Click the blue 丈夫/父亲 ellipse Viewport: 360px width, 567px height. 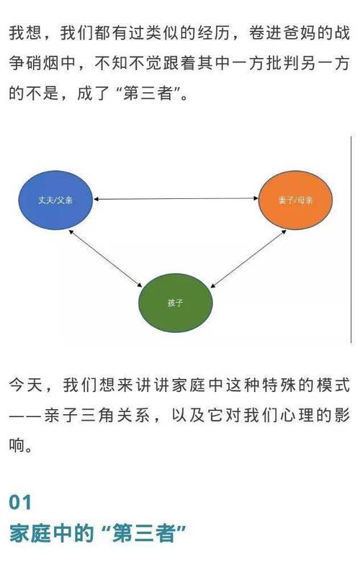pyautogui.click(x=55, y=200)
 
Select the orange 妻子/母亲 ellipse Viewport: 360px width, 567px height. pyautogui.click(x=295, y=200)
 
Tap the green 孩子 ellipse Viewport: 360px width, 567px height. pyautogui.click(x=176, y=303)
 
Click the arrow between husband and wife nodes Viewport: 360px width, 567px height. pyautogui.click(x=176, y=199)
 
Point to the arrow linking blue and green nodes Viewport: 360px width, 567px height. pyautogui.click(x=105, y=259)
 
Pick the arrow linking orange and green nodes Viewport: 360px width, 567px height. pyautogui.click(x=248, y=259)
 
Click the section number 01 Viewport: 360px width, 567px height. pyautogui.click(x=20, y=502)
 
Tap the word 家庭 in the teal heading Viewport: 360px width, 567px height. pyautogui.click(x=30, y=533)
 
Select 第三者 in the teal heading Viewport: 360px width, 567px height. pyautogui.click(x=143, y=533)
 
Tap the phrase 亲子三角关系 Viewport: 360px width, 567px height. pyautogui.click(x=97, y=415)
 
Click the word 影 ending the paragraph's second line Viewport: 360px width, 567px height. pyautogui.click(x=341, y=415)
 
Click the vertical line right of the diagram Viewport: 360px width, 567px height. pyautogui.click(x=351, y=239)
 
